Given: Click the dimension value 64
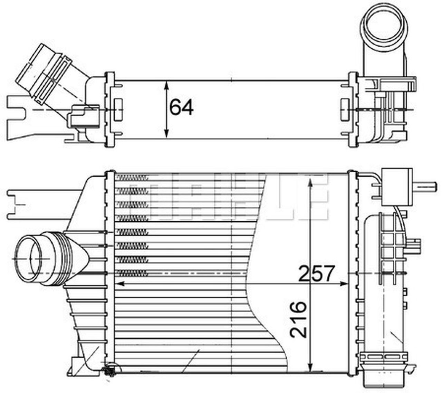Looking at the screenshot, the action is coord(181,107).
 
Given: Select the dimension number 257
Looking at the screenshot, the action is coord(316,273).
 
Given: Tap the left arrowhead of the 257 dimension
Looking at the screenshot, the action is coord(119,284).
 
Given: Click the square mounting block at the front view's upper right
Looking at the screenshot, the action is coord(397,187).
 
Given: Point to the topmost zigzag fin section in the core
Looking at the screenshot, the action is coord(133,178).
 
